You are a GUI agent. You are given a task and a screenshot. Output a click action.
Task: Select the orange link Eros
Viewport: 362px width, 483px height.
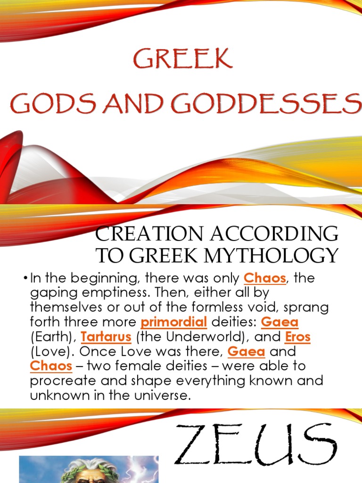click(297, 338)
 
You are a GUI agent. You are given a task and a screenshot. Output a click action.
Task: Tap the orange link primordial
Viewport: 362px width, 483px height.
click(174, 323)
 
